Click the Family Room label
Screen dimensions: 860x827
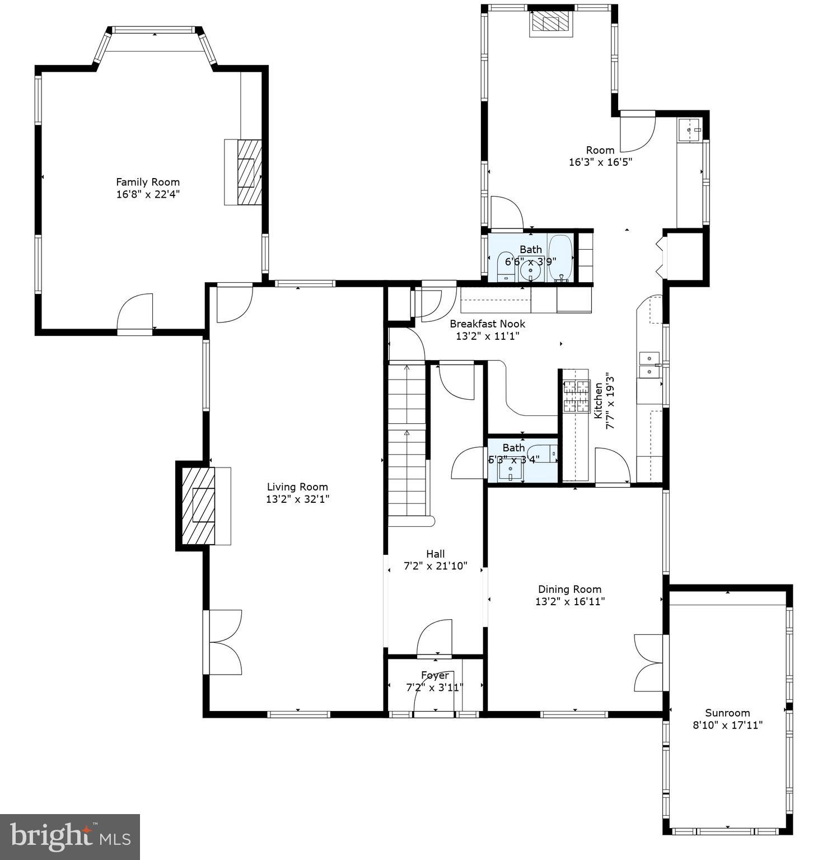point(148,182)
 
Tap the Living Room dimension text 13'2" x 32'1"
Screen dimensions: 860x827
point(297,499)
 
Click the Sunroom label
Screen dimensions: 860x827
point(727,713)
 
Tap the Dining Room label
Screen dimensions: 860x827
point(569,589)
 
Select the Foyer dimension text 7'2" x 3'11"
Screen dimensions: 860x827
point(434,688)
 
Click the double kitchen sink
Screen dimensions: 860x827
point(650,364)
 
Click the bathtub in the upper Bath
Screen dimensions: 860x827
point(559,258)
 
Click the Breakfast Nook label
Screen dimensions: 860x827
point(487,324)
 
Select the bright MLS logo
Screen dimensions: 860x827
point(70,837)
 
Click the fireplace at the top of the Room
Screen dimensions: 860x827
point(552,23)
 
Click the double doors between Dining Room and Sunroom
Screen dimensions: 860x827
point(650,663)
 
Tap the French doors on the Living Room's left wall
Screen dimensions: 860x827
point(224,642)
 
